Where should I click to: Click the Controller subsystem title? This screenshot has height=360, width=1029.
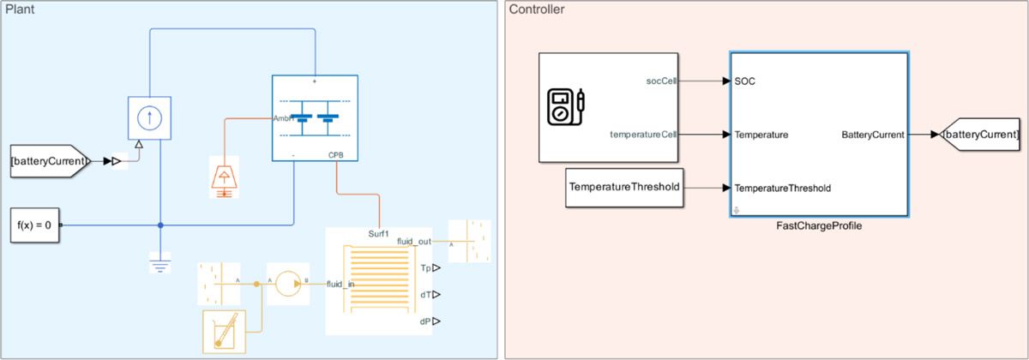tap(538, 9)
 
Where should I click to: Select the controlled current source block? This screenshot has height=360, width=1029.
tap(150, 118)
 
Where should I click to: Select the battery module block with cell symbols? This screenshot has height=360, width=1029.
tap(315, 117)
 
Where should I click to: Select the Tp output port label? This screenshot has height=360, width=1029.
tap(426, 268)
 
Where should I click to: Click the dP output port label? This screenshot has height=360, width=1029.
tap(425, 321)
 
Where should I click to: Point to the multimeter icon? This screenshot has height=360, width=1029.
tap(565, 106)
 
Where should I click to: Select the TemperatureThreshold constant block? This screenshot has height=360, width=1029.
tap(624, 188)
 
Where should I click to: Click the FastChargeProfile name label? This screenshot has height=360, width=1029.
tap(819, 226)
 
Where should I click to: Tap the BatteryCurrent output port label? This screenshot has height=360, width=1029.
tap(872, 135)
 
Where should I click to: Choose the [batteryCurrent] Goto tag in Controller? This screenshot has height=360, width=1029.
tap(979, 135)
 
